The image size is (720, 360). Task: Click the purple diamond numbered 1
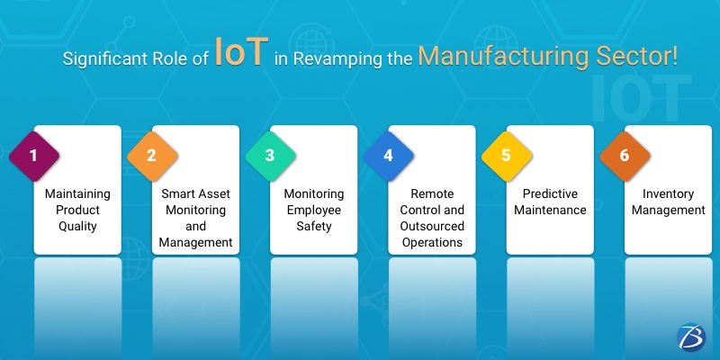point(34,155)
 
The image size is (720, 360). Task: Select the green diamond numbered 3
point(270,155)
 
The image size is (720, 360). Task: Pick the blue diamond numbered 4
point(388,155)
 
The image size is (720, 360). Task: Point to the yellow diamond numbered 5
point(506,155)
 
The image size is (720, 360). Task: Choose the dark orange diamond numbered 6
point(624,155)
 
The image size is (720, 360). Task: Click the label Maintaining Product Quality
point(77,210)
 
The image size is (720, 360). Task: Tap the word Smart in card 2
point(177,193)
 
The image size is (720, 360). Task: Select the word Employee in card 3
point(314,210)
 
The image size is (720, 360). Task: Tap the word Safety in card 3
point(314,226)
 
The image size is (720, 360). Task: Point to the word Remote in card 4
point(432,193)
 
